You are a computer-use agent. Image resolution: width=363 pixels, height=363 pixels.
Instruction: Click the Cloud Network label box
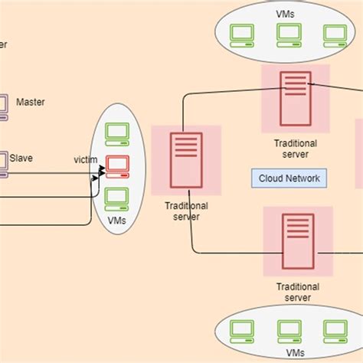click(x=289, y=178)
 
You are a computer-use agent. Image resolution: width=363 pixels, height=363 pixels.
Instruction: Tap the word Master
click(x=31, y=101)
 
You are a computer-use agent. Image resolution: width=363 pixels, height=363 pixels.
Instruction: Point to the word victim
click(x=85, y=160)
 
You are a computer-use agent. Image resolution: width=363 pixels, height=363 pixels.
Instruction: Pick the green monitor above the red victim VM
click(x=117, y=133)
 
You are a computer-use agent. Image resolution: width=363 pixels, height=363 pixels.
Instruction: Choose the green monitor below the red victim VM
click(x=117, y=197)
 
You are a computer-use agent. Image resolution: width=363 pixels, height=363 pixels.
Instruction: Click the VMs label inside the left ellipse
click(x=117, y=221)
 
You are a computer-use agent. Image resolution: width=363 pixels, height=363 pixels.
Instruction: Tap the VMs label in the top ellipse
click(x=288, y=13)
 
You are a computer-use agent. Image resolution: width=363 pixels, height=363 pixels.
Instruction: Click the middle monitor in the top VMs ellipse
click(x=288, y=34)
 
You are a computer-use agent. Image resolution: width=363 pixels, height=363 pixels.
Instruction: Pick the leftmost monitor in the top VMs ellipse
click(x=243, y=34)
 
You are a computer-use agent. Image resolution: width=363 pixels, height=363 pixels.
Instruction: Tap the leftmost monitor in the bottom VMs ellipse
click(x=243, y=331)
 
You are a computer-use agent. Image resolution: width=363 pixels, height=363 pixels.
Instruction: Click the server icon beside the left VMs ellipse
click(x=186, y=159)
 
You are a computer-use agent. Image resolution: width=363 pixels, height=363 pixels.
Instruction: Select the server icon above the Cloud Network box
click(x=295, y=97)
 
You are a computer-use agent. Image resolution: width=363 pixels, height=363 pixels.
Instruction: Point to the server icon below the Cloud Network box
click(x=297, y=240)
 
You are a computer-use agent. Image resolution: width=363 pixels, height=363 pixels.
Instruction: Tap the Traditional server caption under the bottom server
click(x=297, y=292)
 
